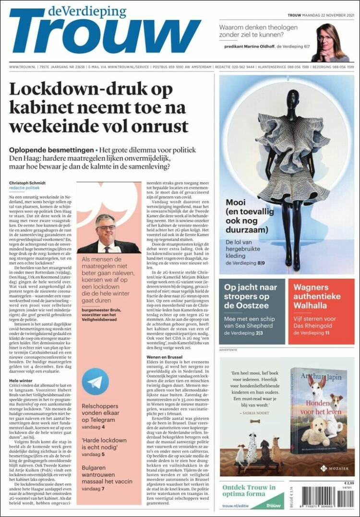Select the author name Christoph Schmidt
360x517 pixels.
[x=28, y=183]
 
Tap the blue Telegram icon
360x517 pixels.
[x=96, y=381]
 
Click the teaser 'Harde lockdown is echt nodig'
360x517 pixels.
[x=104, y=444]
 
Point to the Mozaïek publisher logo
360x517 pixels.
[x=335, y=468]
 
